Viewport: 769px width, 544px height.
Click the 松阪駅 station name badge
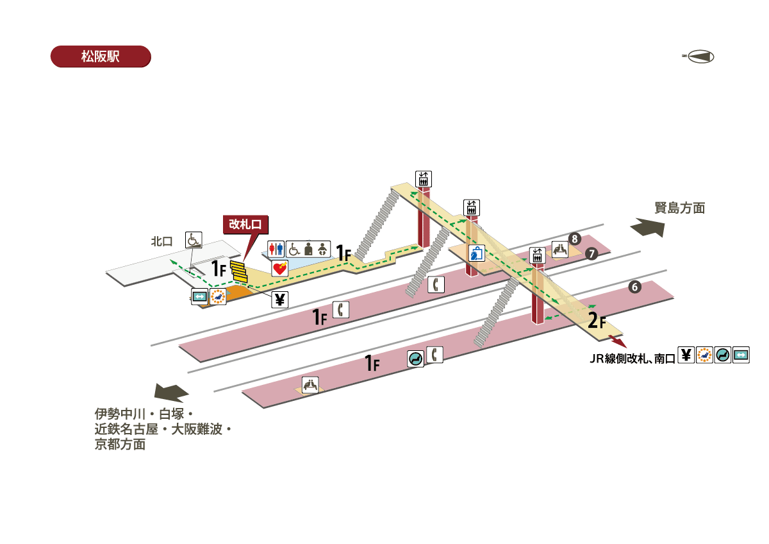pos(100,56)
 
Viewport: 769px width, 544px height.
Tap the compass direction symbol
pos(699,56)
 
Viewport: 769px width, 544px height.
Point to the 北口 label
pos(161,242)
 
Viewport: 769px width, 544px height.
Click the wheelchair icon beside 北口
pos(194,240)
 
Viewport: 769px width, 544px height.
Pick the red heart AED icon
pos(279,268)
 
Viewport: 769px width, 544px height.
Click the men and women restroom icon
pos(276,249)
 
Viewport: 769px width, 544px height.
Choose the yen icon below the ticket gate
pos(279,300)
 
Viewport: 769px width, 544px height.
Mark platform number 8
pos(575,239)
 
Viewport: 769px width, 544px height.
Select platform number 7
pos(591,253)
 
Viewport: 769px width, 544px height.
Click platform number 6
pos(634,287)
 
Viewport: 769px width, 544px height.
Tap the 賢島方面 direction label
pos(679,208)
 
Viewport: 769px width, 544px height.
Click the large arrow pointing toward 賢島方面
pos(648,228)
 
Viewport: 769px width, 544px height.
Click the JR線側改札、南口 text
pos(632,357)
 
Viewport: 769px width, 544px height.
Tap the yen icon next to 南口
pos(686,354)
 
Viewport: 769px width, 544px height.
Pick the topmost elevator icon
pos(423,178)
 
